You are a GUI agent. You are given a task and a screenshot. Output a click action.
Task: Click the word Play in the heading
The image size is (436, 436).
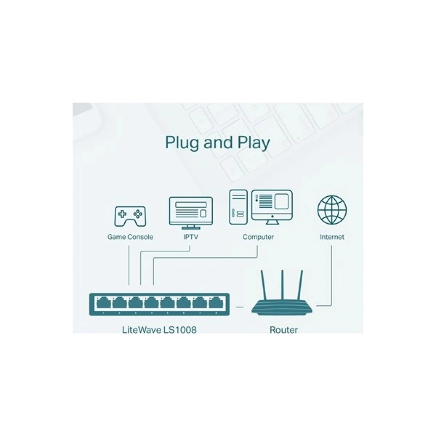pos(253,143)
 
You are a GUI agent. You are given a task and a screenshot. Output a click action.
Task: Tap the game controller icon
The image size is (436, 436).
pos(130,216)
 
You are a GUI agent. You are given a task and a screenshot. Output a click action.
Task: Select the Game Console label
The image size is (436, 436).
pos(130,237)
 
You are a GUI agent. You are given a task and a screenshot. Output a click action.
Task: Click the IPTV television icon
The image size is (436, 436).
pos(191,213)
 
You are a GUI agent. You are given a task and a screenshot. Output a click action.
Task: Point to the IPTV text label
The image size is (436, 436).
pos(191,237)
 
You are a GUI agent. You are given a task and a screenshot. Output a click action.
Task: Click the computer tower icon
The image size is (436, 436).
pos(238,207)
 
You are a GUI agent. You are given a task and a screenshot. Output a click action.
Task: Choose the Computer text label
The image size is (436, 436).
pos(258,237)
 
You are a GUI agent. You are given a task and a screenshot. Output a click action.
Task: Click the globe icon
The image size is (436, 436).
pos(332,210)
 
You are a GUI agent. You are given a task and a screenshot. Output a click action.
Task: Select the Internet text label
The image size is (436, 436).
pos(332,237)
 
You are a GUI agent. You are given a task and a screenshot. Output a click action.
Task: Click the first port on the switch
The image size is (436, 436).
pos(103,303)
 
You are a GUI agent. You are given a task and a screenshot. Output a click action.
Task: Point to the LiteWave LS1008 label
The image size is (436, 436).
pos(159,330)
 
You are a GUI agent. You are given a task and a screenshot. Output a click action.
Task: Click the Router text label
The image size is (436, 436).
pos(284,330)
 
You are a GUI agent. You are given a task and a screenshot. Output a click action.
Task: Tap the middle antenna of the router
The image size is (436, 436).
pos(282,285)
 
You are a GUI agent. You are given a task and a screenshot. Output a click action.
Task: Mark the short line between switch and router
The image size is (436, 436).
pos(239,307)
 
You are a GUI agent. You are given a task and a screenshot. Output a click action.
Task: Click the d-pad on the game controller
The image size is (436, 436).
pos(123,214)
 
